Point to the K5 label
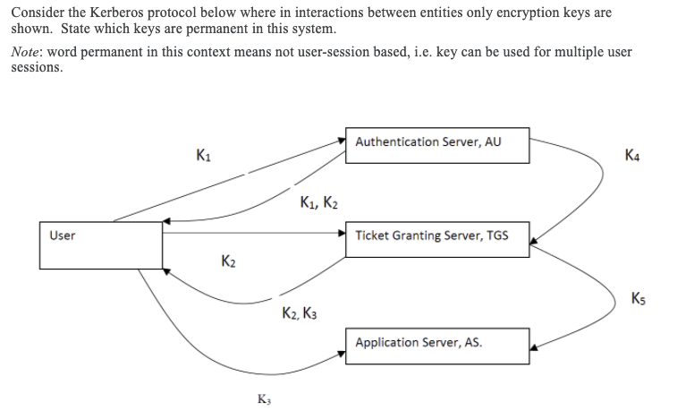point(638,297)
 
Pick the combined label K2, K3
point(298,313)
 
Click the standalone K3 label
point(264,399)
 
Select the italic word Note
point(27,52)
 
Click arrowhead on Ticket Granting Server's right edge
point(534,240)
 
